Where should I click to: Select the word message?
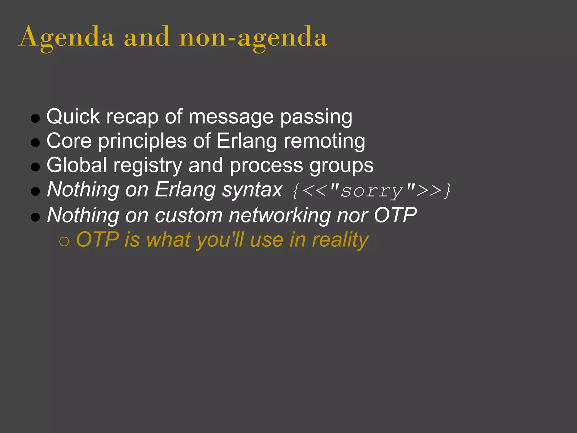pyautogui.click(x=231, y=117)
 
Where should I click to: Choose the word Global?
pyautogui.click(x=77, y=165)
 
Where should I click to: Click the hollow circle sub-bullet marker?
pyautogui.click(x=64, y=242)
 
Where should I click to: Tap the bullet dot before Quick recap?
pyautogui.click(x=35, y=118)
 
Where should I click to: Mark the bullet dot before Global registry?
pyautogui.click(x=35, y=167)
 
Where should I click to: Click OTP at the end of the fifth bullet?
pyautogui.click(x=395, y=215)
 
